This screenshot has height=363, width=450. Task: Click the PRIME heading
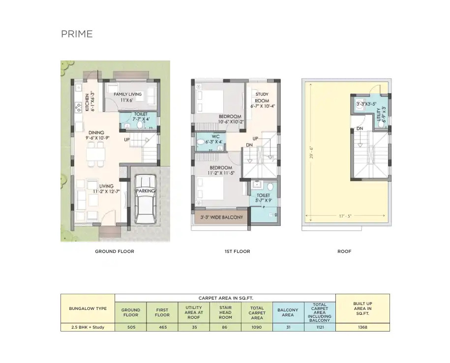[77, 34]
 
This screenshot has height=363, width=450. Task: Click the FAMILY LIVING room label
[127, 94]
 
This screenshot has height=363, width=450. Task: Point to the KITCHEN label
[87, 102]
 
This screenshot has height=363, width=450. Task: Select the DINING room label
[96, 133]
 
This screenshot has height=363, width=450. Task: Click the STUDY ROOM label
[262, 97]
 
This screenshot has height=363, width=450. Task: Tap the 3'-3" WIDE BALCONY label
[221, 217]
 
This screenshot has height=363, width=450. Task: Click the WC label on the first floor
[215, 137]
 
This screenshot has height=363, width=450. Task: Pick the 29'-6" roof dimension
[311, 152]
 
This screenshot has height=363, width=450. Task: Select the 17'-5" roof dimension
[345, 216]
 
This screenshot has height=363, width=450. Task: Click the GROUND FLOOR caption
[115, 251]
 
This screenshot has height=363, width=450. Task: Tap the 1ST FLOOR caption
[238, 251]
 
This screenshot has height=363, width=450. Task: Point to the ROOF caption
[344, 251]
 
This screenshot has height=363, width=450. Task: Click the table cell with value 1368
[363, 327]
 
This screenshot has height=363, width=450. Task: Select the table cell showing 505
[131, 327]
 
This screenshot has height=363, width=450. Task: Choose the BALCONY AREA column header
[288, 312]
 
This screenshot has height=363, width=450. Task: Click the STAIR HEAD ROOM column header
[225, 312]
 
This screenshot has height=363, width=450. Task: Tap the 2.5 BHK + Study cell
[88, 327]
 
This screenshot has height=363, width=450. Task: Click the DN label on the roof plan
[360, 129]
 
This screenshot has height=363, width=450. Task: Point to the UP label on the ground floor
[127, 140]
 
